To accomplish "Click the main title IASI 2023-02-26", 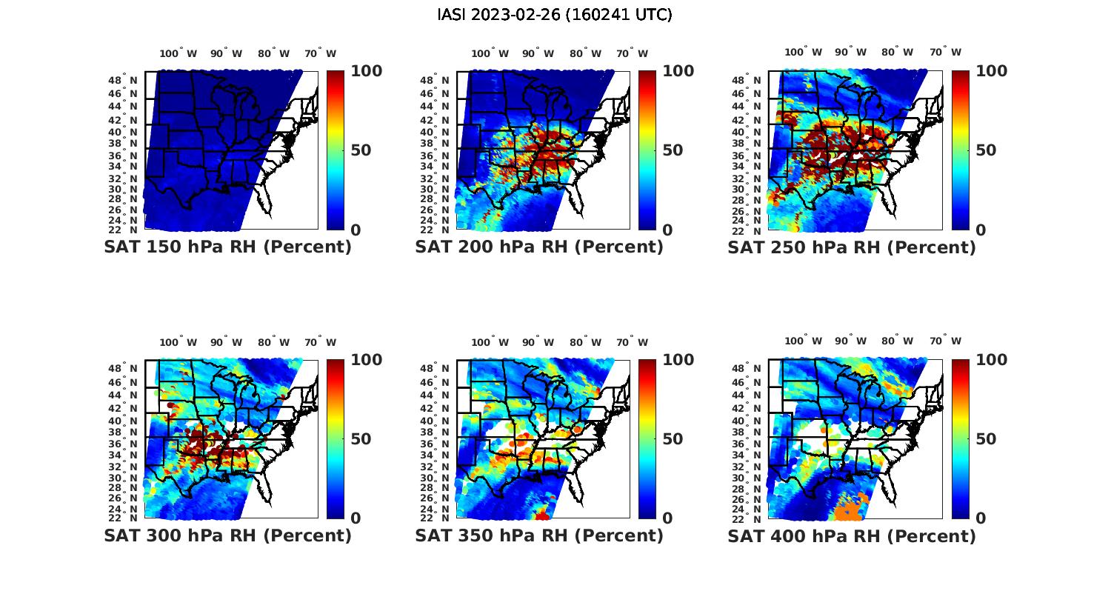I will click(x=555, y=15).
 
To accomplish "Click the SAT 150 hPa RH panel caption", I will click(x=227, y=247).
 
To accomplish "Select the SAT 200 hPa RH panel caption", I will click(x=539, y=247).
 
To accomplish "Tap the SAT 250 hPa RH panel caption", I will click(x=852, y=247).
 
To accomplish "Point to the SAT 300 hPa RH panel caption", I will click(x=227, y=535).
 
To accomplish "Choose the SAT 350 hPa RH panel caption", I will click(x=539, y=535).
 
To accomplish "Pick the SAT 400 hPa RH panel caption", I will click(x=852, y=535).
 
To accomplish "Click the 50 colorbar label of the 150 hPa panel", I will click(x=361, y=150).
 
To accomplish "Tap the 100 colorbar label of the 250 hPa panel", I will click(x=992, y=71).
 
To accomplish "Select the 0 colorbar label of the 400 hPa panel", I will click(x=981, y=518).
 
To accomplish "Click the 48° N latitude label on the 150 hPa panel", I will click(x=124, y=80).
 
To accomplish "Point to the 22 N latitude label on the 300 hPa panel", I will click(x=124, y=518).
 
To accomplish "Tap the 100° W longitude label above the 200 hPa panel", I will click(x=490, y=53).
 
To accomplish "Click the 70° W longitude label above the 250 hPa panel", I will click(x=945, y=52).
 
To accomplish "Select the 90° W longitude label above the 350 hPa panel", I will click(x=537, y=342).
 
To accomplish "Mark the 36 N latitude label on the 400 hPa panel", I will click(x=747, y=444).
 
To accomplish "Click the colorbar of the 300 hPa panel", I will click(x=336, y=438).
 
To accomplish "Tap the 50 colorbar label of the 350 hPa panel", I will click(x=673, y=439).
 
